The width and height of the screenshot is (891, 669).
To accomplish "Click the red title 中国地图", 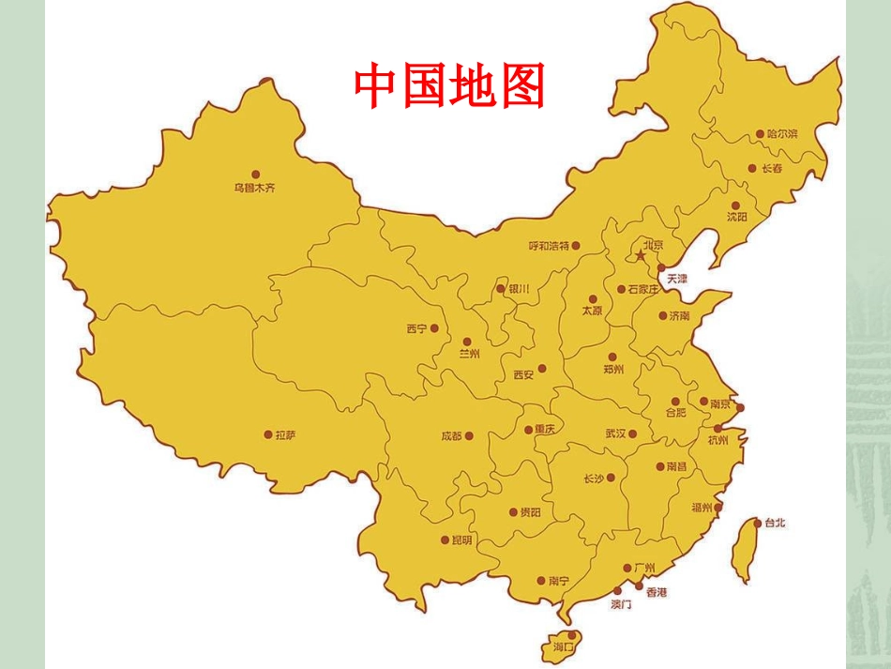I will [x=449, y=86].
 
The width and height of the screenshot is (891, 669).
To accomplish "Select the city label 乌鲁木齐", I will [x=255, y=188].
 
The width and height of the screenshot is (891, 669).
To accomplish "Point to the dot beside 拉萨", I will [x=268, y=434].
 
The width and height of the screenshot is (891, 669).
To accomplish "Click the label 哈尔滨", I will [x=781, y=134].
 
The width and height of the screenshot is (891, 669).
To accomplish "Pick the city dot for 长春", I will [x=752, y=169].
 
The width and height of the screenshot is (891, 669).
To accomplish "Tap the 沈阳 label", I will [x=737, y=217].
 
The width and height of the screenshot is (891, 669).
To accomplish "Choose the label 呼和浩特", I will [x=549, y=246].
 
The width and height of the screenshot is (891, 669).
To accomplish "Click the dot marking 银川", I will [x=501, y=289].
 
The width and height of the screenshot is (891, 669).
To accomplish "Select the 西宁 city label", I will [x=416, y=329].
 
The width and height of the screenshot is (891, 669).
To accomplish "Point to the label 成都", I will [x=450, y=436].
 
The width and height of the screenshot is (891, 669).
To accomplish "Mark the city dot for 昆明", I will [x=445, y=540].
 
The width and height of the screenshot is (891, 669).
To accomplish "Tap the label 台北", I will [x=776, y=523].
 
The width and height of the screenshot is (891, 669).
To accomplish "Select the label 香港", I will [x=657, y=593].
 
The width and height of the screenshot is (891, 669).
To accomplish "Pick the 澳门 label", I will [x=621, y=604].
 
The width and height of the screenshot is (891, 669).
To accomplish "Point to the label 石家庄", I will [x=643, y=289].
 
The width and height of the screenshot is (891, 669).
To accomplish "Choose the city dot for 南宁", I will [x=541, y=580].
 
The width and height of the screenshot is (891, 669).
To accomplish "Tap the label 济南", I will [x=679, y=316].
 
